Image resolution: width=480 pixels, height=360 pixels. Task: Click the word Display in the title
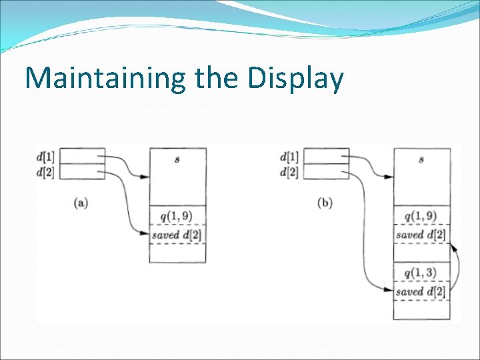point(295,79)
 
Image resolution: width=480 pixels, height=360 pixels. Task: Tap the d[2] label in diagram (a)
point(47,172)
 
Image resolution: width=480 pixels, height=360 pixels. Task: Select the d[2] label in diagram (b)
point(291,172)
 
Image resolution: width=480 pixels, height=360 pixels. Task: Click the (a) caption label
point(81,203)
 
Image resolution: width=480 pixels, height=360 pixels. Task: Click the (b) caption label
point(325,203)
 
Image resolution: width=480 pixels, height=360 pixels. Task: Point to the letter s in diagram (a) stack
point(177,160)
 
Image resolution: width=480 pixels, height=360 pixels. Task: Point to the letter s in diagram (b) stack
point(421,160)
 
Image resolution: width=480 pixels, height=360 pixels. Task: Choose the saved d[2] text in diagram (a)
point(177,235)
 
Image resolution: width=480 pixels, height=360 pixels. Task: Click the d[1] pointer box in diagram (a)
point(83,155)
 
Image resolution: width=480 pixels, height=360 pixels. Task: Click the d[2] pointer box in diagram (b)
point(327,171)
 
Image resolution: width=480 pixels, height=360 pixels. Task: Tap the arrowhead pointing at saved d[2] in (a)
point(145,234)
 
